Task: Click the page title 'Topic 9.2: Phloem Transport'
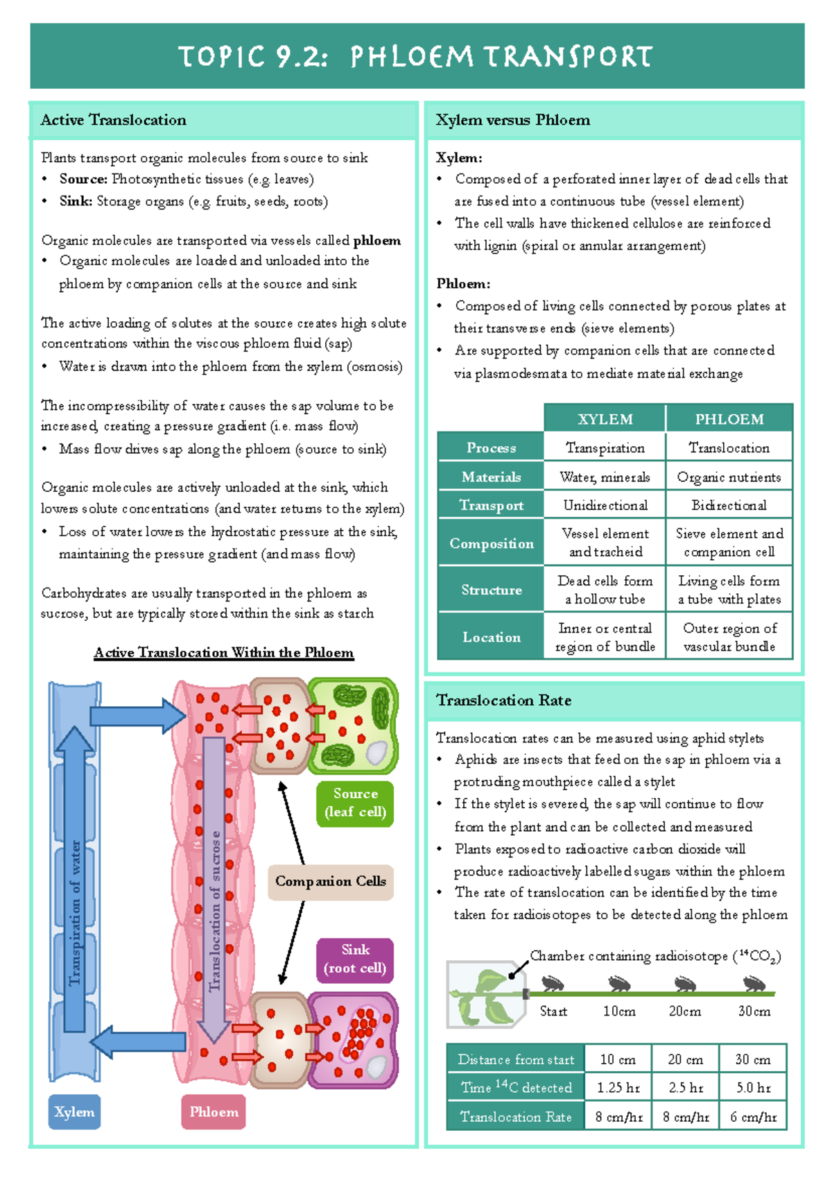(416, 56)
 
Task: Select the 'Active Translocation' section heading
(114, 120)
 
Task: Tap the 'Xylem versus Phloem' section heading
(513, 120)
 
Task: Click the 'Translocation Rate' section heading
(504, 701)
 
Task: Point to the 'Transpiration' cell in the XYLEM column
(605, 448)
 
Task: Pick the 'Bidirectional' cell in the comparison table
(729, 505)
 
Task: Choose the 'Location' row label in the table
(492, 637)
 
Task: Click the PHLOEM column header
(729, 419)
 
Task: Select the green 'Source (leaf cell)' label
(355, 803)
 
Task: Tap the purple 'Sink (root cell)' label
(355, 959)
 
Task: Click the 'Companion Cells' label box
(331, 882)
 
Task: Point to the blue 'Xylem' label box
(74, 1112)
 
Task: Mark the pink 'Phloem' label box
(214, 1112)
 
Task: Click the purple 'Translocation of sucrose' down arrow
(214, 902)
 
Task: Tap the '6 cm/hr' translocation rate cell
(753, 1117)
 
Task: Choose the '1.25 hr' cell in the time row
(618, 1088)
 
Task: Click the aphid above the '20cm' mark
(684, 984)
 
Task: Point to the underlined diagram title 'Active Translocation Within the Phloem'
(224, 653)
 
